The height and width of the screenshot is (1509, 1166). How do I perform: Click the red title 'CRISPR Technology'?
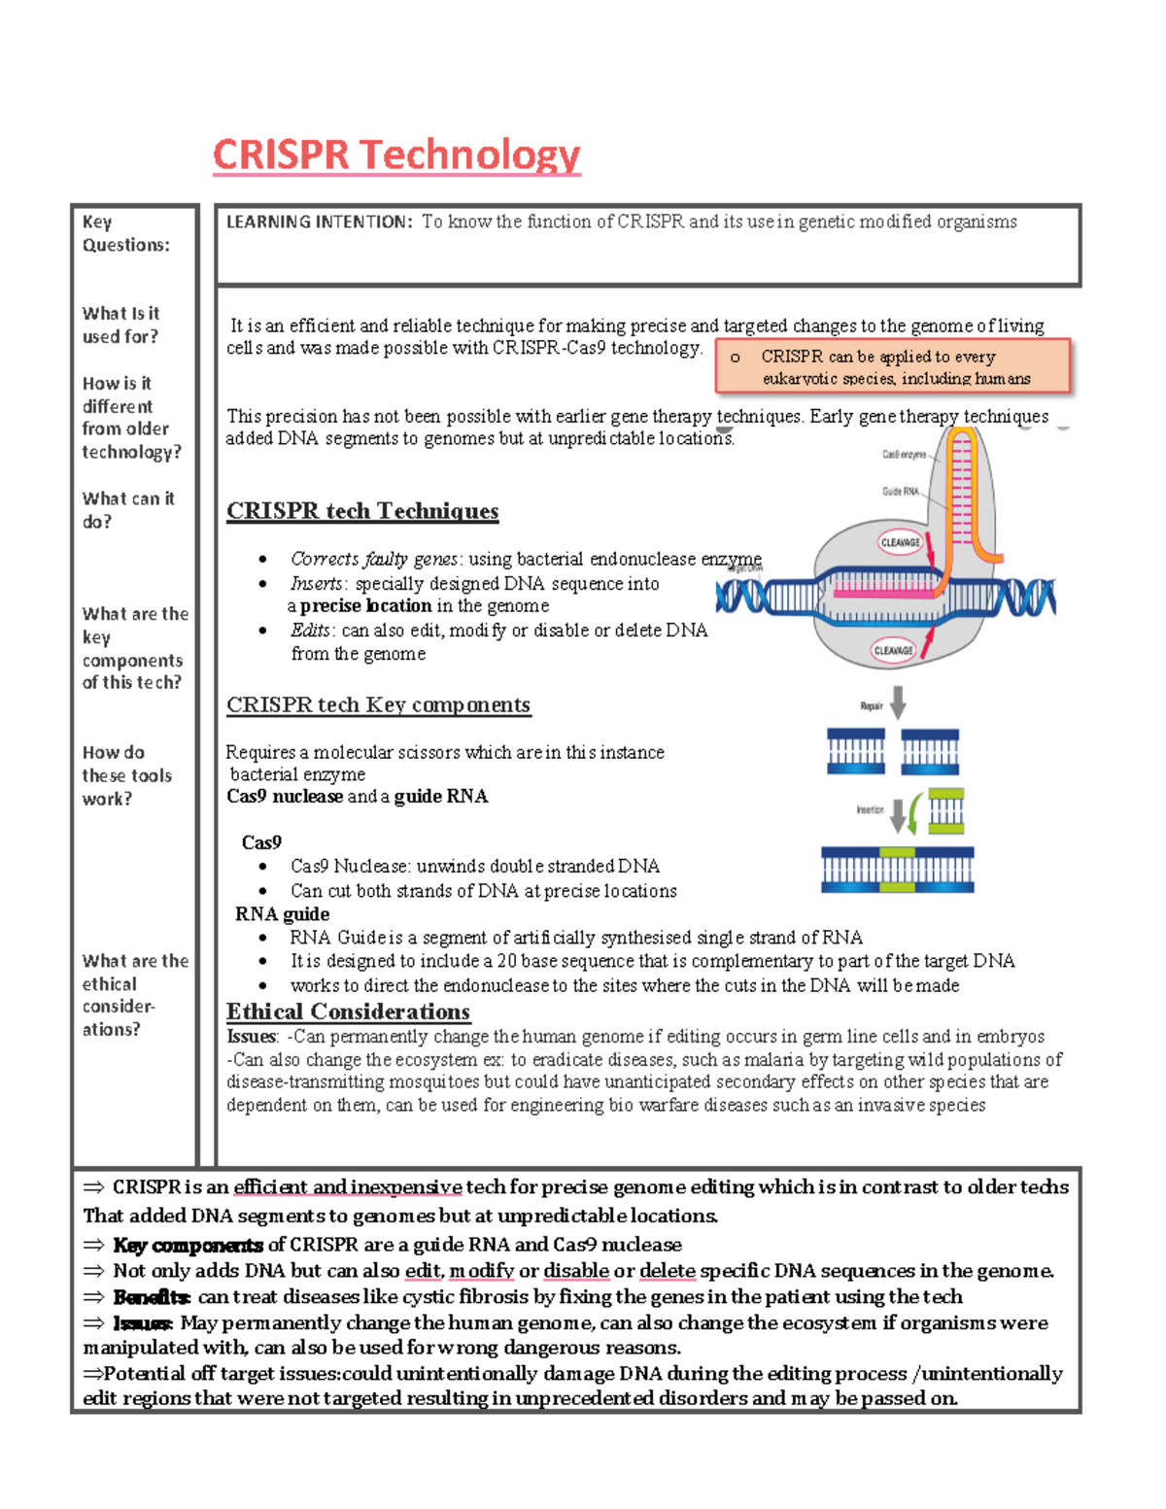click(396, 154)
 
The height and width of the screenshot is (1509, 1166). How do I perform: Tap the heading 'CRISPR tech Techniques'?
click(362, 511)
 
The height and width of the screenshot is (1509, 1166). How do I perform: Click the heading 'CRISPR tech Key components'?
click(378, 704)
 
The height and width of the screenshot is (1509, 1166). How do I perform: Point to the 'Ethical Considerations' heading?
click(348, 1012)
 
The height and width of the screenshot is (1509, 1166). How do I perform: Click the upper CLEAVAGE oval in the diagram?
click(900, 542)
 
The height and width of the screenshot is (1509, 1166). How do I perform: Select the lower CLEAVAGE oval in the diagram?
click(893, 650)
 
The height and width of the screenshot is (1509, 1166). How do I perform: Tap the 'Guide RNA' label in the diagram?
click(900, 492)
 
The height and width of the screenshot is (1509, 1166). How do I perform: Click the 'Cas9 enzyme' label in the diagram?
click(904, 455)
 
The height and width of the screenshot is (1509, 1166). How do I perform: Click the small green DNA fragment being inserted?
click(945, 811)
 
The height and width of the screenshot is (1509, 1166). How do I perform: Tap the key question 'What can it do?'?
click(127, 510)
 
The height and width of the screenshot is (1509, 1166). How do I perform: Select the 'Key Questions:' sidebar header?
click(125, 233)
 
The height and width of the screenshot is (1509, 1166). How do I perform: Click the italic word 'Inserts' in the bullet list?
click(316, 584)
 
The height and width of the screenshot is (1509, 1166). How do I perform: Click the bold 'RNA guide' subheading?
click(282, 914)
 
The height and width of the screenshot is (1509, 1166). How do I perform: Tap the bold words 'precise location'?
click(365, 606)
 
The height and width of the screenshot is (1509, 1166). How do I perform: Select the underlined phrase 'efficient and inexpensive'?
click(347, 1187)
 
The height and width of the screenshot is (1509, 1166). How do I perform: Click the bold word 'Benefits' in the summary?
click(151, 1297)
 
